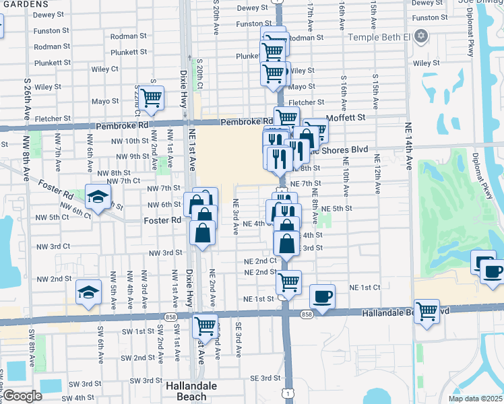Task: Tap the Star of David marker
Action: click(421, 35)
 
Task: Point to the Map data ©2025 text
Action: click(475, 399)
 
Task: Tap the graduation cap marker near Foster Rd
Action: click(98, 197)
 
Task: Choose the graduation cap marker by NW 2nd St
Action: click(88, 292)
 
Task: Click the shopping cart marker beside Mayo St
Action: click(150, 98)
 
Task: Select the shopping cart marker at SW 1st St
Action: click(206, 326)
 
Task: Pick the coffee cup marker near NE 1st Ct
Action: click(322, 296)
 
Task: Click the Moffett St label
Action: click(346, 117)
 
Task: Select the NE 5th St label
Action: click(337, 209)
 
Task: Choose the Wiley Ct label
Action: click(104, 69)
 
